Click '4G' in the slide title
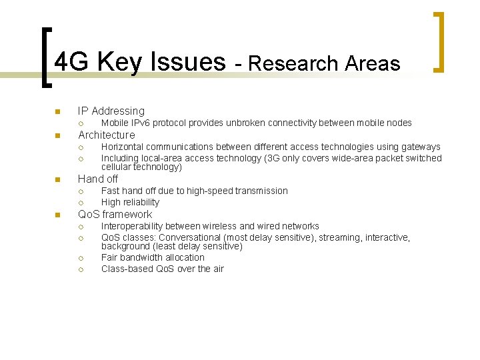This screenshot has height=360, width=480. [72, 62]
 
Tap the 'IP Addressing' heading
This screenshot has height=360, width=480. [111, 111]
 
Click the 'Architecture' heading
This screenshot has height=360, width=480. [106, 135]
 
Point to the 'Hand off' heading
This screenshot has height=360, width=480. [98, 179]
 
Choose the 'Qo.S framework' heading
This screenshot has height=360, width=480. [115, 215]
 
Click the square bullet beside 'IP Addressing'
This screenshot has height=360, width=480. [57, 111]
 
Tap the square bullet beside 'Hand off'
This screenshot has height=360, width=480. [57, 179]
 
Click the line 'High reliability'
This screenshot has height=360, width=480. [130, 202]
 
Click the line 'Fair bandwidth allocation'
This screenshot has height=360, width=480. [153, 257]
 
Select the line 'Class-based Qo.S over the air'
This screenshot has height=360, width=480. [162, 269]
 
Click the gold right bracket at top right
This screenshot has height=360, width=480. [439, 42]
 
